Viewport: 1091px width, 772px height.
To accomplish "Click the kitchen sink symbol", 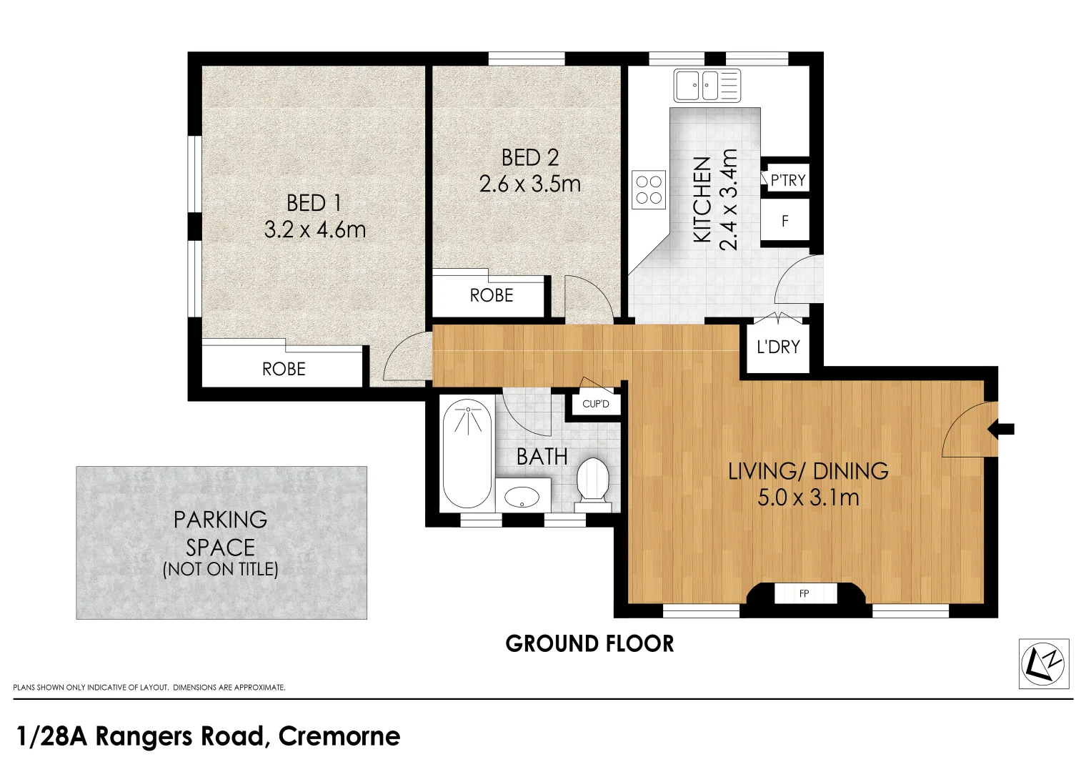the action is click(x=707, y=85).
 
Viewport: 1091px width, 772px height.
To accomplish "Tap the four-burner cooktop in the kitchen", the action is click(x=649, y=189).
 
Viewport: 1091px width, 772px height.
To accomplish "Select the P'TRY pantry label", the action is click(x=788, y=180).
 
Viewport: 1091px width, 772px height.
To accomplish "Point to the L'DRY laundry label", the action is click(x=778, y=347).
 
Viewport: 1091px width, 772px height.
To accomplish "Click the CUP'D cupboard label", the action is click(x=596, y=404).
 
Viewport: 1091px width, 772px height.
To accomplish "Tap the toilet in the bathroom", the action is click(x=592, y=485).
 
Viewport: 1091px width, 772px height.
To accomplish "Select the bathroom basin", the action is click(x=522, y=497).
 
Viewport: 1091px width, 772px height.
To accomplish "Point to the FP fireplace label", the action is click(x=804, y=593).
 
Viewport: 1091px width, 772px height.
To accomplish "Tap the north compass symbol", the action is click(x=1044, y=664).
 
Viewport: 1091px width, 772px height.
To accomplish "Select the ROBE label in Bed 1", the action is click(x=284, y=369).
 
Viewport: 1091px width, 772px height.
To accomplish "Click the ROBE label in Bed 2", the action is click(x=492, y=295).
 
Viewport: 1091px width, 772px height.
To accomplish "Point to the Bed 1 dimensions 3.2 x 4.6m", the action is click(x=314, y=229).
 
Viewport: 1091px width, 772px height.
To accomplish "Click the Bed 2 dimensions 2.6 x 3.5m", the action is click(x=530, y=184).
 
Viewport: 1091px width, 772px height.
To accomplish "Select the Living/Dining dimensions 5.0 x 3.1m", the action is click(x=808, y=498).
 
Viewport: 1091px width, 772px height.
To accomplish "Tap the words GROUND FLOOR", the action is click(x=590, y=644).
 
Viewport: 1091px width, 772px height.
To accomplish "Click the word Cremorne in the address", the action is click(x=339, y=736).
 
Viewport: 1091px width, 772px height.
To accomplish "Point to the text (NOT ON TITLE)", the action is click(x=220, y=569).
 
